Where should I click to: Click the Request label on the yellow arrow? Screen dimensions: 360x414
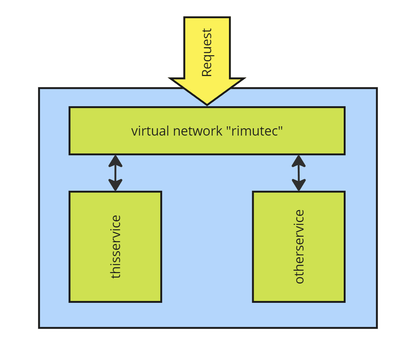(x=207, y=53)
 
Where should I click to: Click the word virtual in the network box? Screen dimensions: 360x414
(x=145, y=131)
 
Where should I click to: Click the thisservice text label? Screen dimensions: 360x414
(x=115, y=246)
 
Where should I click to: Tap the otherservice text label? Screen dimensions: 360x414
(x=299, y=246)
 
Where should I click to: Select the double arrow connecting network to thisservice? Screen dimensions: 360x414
(x=115, y=173)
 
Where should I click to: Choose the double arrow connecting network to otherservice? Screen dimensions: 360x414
(x=299, y=173)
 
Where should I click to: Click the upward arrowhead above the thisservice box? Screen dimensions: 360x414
(x=115, y=160)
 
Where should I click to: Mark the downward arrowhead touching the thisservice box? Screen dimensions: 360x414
(x=115, y=186)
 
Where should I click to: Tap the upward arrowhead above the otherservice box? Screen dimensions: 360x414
(x=299, y=160)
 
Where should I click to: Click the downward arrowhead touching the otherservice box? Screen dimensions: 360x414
(x=299, y=186)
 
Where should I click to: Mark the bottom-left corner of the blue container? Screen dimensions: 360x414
(x=39, y=328)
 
